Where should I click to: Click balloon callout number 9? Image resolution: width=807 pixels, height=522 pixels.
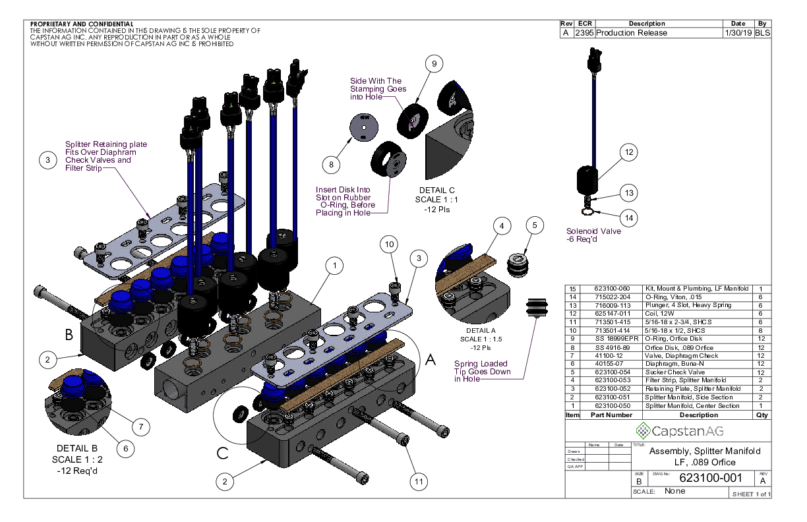point(433,64)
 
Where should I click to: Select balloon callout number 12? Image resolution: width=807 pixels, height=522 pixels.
point(629,152)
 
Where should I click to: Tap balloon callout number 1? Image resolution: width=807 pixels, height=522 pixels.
point(336,266)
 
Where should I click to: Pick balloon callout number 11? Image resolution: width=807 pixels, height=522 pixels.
point(418,482)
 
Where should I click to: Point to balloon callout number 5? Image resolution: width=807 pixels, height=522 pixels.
point(535,225)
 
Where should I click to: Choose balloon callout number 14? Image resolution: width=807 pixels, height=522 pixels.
point(629,217)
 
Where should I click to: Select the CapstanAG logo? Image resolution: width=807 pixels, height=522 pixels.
point(669,431)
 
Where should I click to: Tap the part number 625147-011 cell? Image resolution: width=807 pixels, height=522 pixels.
point(603,313)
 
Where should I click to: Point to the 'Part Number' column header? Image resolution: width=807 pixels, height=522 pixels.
point(611,415)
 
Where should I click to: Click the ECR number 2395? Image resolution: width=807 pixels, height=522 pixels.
point(584,33)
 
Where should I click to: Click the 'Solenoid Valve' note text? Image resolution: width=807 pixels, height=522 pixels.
point(593,231)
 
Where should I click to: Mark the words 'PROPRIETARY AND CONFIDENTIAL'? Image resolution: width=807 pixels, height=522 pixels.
point(82,24)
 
